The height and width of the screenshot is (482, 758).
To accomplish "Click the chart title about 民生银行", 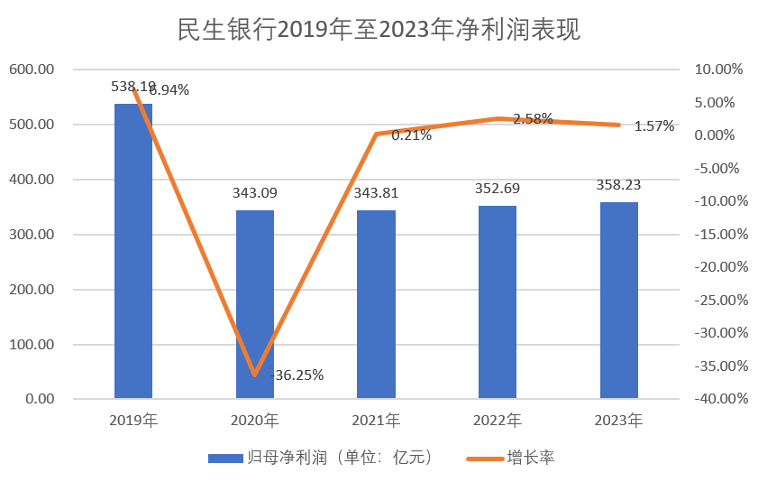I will point(379,30).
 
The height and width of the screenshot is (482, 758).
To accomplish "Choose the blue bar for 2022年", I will point(498,301).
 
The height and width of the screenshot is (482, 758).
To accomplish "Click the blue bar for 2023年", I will point(618,300).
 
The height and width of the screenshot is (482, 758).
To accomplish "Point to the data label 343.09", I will point(255,193).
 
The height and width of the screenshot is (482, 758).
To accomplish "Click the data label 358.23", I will point(618,184).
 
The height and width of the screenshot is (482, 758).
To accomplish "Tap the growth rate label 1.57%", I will point(653,126).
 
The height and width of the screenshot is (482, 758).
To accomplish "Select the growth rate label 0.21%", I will point(411,136).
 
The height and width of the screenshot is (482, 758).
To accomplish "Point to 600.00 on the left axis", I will point(32,70).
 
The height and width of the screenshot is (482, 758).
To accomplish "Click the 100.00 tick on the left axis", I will point(32,345).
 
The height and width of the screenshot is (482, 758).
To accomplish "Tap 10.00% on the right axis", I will point(717,70).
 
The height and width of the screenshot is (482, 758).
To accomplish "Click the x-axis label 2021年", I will point(376,421).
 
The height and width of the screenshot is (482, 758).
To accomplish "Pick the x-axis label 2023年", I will point(618,421).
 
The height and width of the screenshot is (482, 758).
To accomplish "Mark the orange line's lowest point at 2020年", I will point(255,374).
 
